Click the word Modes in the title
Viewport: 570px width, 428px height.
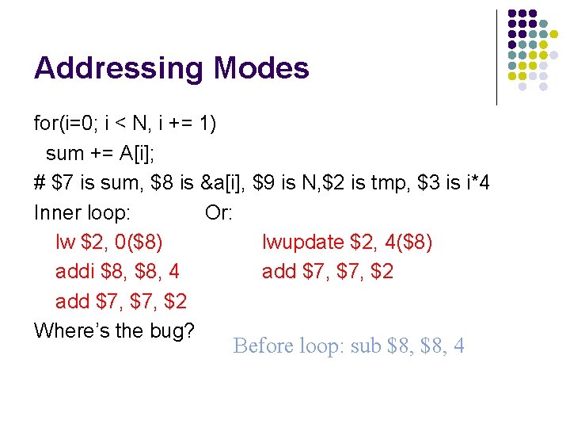click(261, 68)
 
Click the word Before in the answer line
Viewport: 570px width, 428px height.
click(264, 346)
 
